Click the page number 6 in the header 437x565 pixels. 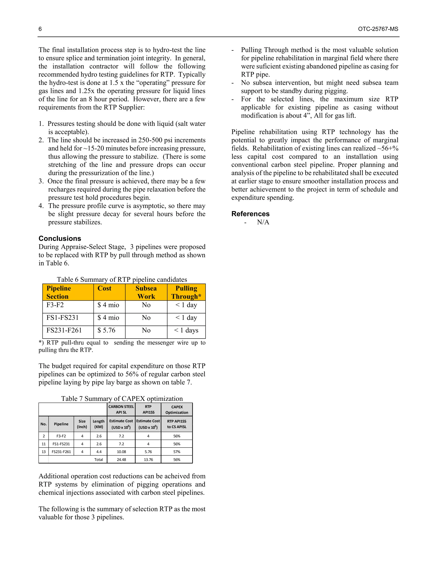(40, 29)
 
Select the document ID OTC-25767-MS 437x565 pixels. (378, 29)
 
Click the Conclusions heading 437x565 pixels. (60, 238)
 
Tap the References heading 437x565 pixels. (250, 214)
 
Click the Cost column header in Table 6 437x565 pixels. (104, 288)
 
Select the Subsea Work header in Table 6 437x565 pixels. (146, 292)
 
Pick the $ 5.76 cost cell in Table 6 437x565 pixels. (106, 330)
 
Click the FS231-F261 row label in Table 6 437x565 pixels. (64, 330)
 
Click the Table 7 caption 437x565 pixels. (122, 399)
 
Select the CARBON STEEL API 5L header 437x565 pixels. (121, 409)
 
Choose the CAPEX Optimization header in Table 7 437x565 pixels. (177, 410)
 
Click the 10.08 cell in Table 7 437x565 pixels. (121, 452)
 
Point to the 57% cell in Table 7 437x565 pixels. (177, 452)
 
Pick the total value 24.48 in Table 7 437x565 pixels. (121, 460)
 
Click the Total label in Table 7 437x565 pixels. (98, 460)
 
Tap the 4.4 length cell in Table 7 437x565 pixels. (99, 452)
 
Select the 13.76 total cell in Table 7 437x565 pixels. (148, 460)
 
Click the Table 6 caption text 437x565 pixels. (122, 280)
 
